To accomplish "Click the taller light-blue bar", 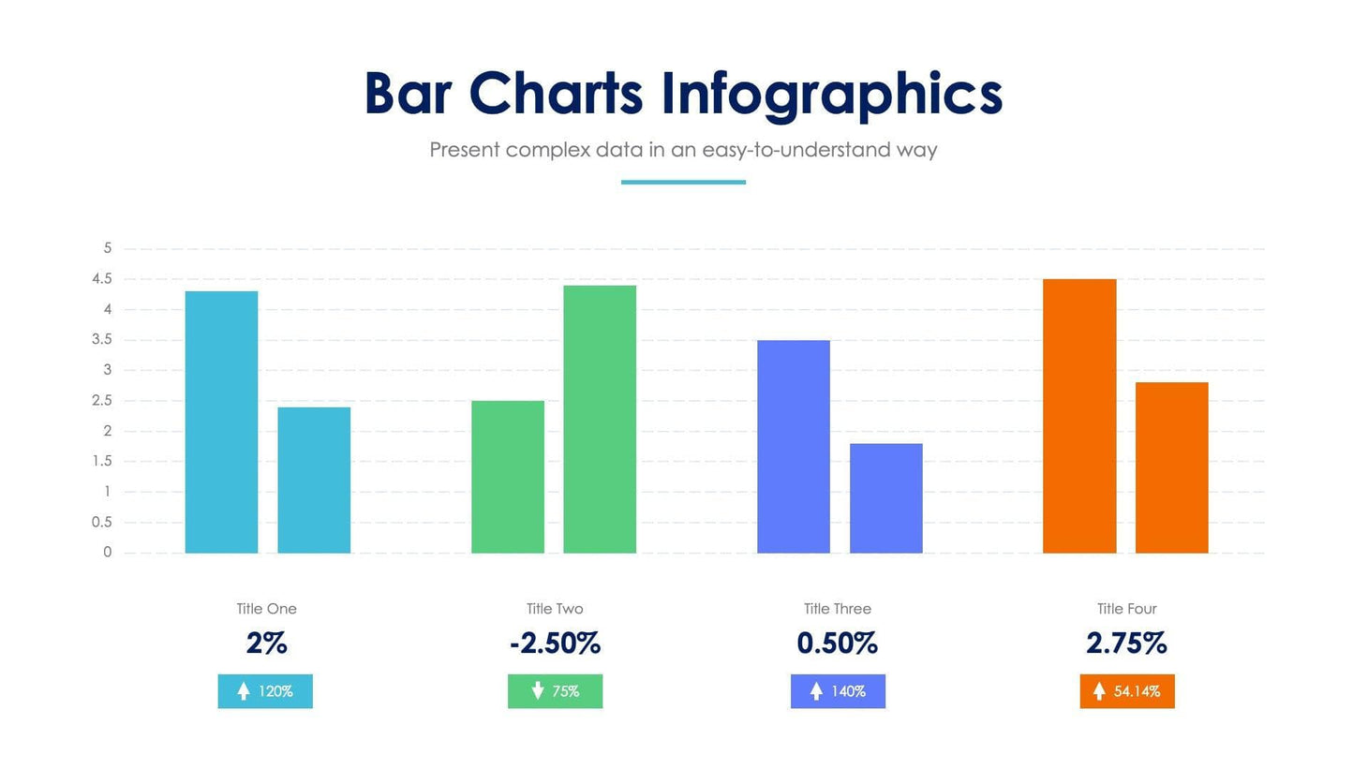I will (x=221, y=421).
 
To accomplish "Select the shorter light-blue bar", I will (x=314, y=480).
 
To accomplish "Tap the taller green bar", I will (x=600, y=419).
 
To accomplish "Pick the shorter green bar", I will (x=507, y=477).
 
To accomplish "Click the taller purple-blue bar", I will (x=793, y=446).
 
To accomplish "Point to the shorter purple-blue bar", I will (x=885, y=497).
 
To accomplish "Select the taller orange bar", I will (x=1079, y=416).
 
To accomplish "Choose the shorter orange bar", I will (x=1171, y=467).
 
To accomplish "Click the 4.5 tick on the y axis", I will (x=102, y=279).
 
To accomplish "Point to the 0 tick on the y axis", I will (x=107, y=553).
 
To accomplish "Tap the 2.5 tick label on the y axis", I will (x=102, y=401).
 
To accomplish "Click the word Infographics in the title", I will (x=831, y=95).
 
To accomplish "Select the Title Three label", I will (x=837, y=609).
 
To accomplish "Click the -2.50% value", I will (x=555, y=643).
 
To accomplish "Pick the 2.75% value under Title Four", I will (x=1126, y=643).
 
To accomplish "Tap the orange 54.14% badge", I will (x=1126, y=691).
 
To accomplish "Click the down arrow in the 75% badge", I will (x=538, y=691).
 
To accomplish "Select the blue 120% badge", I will (x=265, y=691).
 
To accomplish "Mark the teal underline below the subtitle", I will (x=683, y=182).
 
